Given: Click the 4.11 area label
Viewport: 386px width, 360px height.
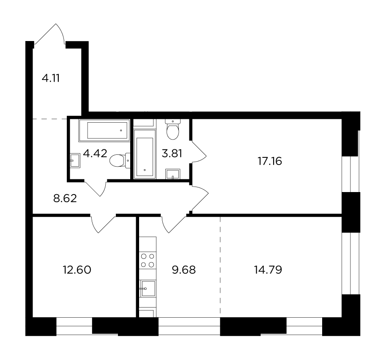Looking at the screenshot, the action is pos(51,78).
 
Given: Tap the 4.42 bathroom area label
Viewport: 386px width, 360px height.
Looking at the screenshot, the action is pos(95,153).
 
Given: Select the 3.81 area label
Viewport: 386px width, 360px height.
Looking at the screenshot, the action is pos(172,154).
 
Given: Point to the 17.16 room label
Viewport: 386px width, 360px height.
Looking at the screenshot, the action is pos(270,161).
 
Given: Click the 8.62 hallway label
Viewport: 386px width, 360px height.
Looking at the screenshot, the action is pos(65,198).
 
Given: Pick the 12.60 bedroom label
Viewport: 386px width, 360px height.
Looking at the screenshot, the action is pos(77,270).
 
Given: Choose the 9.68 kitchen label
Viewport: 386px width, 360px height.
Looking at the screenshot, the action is pos(184,270).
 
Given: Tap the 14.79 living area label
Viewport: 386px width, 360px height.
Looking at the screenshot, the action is pos(268,270).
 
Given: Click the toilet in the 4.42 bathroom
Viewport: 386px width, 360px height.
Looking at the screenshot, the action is pos(120,161).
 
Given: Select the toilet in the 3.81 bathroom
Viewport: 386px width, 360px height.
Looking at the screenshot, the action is pos(173,129).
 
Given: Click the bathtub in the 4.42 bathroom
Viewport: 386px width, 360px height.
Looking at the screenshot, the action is pos(104,131).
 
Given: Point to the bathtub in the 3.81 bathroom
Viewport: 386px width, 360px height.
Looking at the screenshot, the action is pos(145,154).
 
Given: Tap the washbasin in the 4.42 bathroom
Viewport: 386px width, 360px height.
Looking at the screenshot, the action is pos(75,161).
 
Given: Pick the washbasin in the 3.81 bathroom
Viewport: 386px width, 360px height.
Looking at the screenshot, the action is pos(173,174).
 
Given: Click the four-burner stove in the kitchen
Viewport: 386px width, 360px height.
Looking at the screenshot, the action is pos(148,261).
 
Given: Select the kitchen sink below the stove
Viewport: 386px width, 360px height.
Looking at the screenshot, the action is pos(148,289).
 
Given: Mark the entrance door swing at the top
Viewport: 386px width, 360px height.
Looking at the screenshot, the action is pos(50,34).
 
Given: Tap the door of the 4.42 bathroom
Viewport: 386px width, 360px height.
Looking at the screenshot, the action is pos(96,188).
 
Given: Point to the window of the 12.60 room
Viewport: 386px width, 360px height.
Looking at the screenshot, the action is pos(74,327).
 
